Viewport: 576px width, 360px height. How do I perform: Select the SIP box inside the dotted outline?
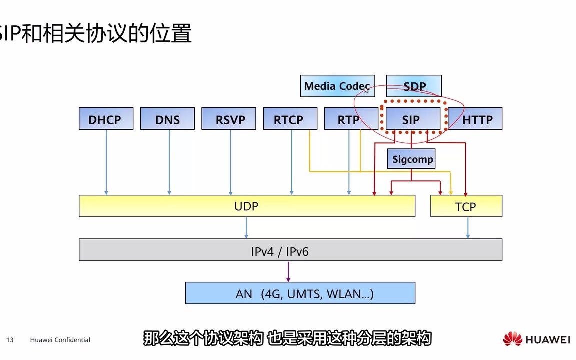(x=411, y=119)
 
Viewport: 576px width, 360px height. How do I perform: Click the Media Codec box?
(x=337, y=86)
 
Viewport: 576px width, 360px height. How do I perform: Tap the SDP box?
(x=414, y=86)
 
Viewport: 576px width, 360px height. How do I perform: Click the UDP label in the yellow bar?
(x=246, y=206)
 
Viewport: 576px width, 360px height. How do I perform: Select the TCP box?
(x=466, y=206)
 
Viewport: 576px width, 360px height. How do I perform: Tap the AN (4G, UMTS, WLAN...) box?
(x=300, y=293)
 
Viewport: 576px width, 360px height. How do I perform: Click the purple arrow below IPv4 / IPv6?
(x=288, y=271)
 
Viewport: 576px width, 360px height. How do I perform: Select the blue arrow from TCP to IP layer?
(x=468, y=228)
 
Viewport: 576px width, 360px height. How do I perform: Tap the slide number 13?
(x=10, y=340)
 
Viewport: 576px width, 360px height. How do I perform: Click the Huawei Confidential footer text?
(x=60, y=340)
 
